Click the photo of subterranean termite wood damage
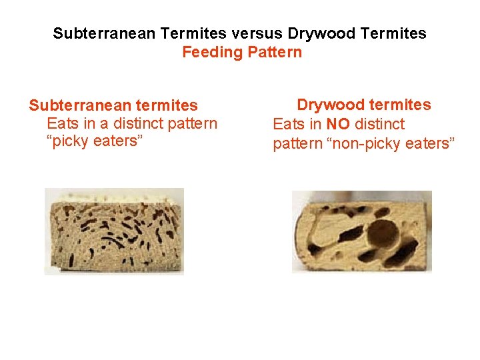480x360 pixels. (114, 231)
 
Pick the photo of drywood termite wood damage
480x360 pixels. (362, 231)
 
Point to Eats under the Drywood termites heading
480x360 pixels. (289, 124)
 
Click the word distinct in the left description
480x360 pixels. (137, 124)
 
